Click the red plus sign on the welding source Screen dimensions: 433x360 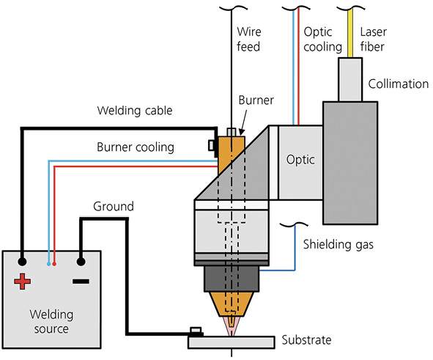tap(23, 282)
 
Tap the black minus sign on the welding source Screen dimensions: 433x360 tap(81, 282)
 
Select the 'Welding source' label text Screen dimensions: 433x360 tap(51, 322)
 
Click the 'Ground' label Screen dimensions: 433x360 tap(114, 206)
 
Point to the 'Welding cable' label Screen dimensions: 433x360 tap(135, 110)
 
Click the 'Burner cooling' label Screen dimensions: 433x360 tap(136, 147)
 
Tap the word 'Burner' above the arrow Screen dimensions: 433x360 tap(256, 100)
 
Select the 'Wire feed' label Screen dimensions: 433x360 tap(249, 39)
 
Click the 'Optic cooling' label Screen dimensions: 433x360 tap(322, 40)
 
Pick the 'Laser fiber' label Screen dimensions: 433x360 tap(373, 40)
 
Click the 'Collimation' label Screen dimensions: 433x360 tap(399, 84)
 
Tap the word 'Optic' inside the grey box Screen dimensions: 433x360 tap(300, 160)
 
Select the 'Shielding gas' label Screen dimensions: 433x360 tap(338, 244)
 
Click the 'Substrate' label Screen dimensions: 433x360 tap(306, 339)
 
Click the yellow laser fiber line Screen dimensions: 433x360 tap(350, 33)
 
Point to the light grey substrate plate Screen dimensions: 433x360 tap(232, 342)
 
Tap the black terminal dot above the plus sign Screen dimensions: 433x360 tap(22, 261)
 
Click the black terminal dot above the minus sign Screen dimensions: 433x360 tap(81, 261)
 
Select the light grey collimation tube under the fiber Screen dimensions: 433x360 tap(350, 80)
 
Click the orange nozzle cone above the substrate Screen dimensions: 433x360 tap(231, 304)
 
